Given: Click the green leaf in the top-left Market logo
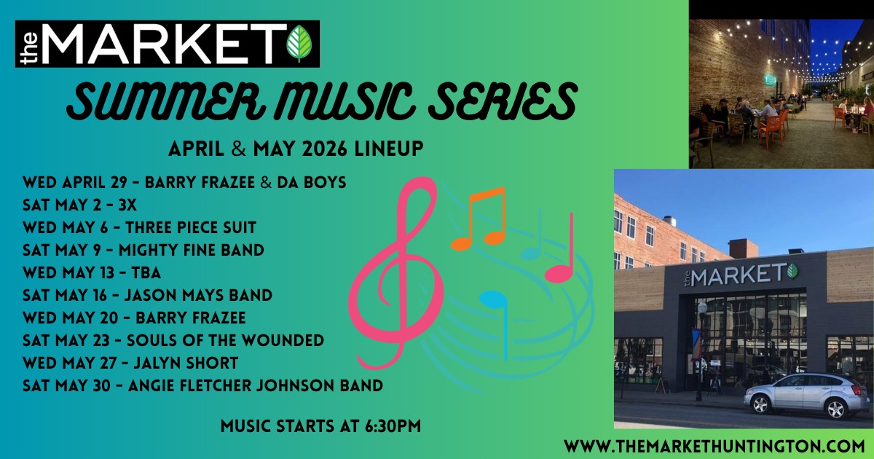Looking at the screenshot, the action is click(x=299, y=44).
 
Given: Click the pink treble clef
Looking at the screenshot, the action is click(x=395, y=272).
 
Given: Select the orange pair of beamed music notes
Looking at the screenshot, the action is click(x=479, y=219).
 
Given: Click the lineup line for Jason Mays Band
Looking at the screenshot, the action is click(x=147, y=296).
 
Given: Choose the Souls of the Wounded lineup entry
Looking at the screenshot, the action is click(x=173, y=341).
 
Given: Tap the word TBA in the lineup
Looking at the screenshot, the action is click(x=146, y=272).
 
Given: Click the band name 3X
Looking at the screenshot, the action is click(x=127, y=205).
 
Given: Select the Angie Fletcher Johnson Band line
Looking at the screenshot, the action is click(x=203, y=385).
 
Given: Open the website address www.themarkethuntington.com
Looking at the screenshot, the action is click(x=714, y=446).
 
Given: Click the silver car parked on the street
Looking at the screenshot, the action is click(x=802, y=396).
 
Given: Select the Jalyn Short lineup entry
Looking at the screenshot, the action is click(x=130, y=364).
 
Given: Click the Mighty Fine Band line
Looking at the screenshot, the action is click(x=143, y=250).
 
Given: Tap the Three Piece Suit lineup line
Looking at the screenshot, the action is click(x=139, y=227).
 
